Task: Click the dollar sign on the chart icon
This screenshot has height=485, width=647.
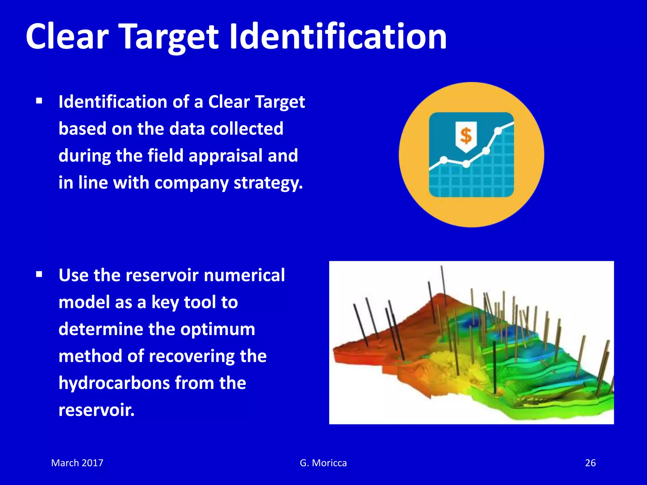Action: pyautogui.click(x=466, y=136)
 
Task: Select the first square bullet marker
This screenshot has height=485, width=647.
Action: pyautogui.click(x=39, y=101)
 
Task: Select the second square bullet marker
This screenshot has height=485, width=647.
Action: pyautogui.click(x=39, y=274)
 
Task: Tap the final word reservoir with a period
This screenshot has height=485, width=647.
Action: pyautogui.click(x=96, y=410)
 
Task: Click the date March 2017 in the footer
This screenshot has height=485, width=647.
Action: pyautogui.click(x=77, y=463)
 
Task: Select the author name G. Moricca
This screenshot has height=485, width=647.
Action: pyautogui.click(x=323, y=463)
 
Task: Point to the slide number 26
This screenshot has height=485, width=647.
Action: pyautogui.click(x=590, y=463)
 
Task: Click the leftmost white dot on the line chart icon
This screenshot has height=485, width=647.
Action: pyautogui.click(x=444, y=160)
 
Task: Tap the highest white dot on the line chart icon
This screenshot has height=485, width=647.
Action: pyautogui.click(x=498, y=130)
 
